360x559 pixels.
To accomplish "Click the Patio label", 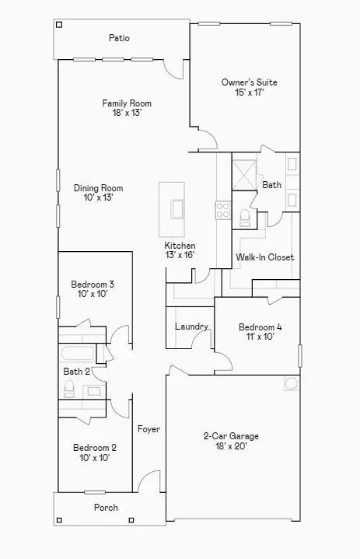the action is [119, 38].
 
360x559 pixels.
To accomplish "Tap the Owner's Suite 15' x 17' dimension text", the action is [249, 93].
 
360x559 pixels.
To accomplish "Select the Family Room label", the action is [127, 103].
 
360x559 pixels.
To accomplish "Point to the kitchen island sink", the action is [177, 209].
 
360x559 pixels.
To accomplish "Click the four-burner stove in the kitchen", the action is [223, 210].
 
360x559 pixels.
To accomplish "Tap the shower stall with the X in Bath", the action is [244, 175].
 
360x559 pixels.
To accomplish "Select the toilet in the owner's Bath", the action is [245, 218].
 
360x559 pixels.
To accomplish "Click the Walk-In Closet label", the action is [265, 257].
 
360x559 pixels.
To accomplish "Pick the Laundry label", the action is [191, 327].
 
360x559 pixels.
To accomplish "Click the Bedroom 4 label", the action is [260, 327].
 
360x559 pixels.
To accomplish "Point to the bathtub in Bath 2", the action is [77, 353].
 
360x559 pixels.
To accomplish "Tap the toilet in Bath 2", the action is [69, 389].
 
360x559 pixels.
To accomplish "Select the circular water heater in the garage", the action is [292, 383].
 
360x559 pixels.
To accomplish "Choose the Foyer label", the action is [149, 429].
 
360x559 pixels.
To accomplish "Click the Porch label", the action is [106, 508].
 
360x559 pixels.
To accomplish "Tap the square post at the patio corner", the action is [60, 25].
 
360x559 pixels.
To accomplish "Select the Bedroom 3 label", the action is [93, 284].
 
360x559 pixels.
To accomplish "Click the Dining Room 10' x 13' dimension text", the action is [99, 197].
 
